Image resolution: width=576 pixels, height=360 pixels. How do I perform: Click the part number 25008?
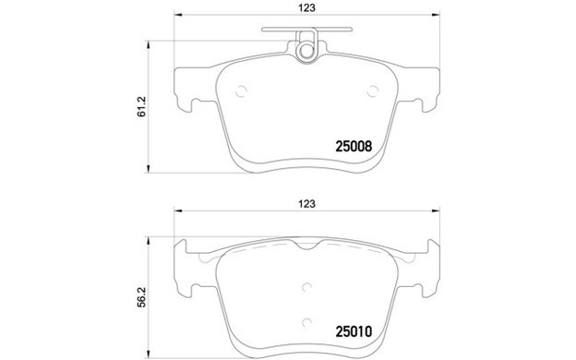[x=354, y=147]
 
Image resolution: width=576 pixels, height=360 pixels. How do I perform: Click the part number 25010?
[x=354, y=331]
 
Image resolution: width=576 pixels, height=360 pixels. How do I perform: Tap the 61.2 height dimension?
[x=142, y=107]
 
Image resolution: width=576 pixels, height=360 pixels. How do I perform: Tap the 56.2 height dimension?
[x=142, y=297]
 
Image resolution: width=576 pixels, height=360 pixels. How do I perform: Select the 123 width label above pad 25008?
[x=306, y=7]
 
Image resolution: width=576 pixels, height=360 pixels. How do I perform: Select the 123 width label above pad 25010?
[x=306, y=203]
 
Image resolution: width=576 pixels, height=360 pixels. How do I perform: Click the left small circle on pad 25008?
[x=241, y=91]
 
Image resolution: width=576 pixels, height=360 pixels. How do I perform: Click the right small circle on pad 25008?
[x=373, y=91]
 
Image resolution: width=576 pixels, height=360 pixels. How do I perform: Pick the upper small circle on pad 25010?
[x=306, y=287]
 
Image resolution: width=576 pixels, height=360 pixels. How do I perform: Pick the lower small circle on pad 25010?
[x=306, y=323]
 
